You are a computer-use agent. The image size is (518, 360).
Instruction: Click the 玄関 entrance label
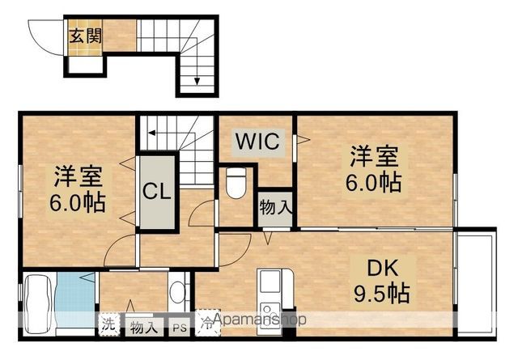(x=86, y=36)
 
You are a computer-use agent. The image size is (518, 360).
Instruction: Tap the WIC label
(x=258, y=141)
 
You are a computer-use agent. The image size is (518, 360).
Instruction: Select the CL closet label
(x=156, y=192)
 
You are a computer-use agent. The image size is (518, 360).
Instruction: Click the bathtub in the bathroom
(x=39, y=304)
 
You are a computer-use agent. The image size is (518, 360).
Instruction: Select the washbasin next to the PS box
(x=179, y=292)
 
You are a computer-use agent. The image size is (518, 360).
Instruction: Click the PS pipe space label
(x=180, y=328)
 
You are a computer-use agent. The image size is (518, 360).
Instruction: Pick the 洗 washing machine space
(x=109, y=324)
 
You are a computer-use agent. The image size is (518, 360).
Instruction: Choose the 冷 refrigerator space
(x=207, y=323)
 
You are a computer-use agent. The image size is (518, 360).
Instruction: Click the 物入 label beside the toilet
(x=275, y=208)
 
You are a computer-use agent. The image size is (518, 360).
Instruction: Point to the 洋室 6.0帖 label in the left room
(x=78, y=189)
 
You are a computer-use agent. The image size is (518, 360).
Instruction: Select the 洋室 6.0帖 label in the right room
(x=374, y=169)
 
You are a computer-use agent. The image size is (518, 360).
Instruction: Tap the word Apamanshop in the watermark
(x=260, y=320)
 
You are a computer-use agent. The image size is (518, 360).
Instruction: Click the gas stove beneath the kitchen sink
(x=270, y=315)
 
